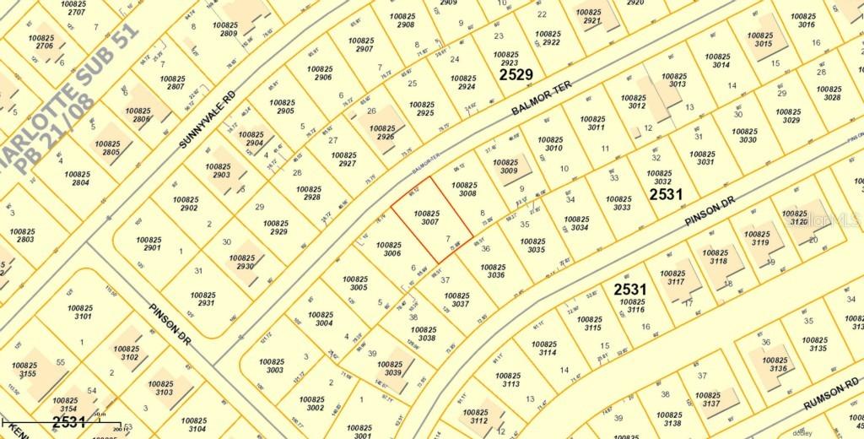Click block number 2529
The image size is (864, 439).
coord(516,75)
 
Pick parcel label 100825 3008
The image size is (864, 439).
coord(467,188)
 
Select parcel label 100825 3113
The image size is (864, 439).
coord(509,379)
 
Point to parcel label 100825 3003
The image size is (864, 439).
coord(274,365)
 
